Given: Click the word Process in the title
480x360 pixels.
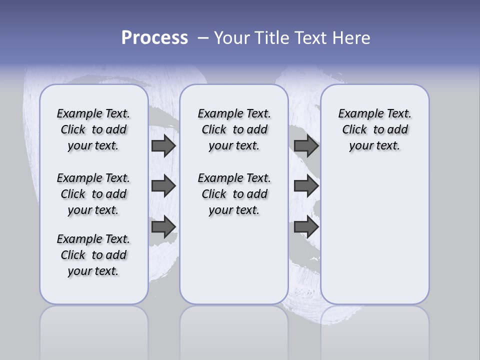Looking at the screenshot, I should (154, 38).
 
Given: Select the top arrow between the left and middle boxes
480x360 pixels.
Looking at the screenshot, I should (163, 146).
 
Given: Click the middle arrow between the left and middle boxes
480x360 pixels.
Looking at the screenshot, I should (163, 186).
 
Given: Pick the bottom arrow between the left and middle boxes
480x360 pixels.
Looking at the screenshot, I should (163, 226).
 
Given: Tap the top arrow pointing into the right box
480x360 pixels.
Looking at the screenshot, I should (306, 146).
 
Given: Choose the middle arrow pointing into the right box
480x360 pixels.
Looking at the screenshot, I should (306, 186).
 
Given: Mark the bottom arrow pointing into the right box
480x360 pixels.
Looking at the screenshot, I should (306, 226).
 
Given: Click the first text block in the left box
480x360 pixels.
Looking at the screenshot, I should (93, 129).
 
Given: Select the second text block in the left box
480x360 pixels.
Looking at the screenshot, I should (93, 194).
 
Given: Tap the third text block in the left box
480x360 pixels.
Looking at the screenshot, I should (93, 255).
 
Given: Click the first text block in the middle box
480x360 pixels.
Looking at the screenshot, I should (234, 129).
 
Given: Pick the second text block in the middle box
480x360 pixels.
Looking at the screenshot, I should (234, 194).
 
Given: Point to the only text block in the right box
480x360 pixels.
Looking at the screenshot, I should (374, 129).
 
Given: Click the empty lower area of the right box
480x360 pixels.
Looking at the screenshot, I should (374, 235).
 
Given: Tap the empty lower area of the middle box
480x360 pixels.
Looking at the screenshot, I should (234, 260).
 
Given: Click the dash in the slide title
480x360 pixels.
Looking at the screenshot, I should (203, 38).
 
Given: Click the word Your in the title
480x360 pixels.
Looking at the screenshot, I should (232, 38).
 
